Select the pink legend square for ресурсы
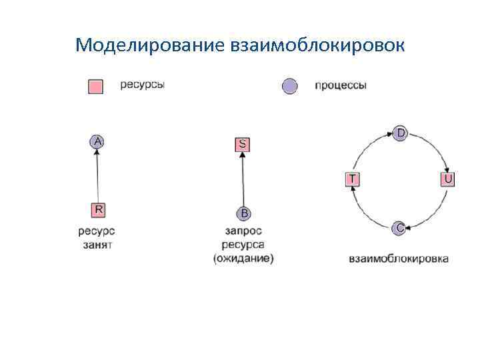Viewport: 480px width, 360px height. pos(96,87)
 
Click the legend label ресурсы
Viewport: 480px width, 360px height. pos(143,85)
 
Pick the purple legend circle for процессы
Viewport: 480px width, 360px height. pos(289,87)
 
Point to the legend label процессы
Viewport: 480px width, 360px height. pos(340,86)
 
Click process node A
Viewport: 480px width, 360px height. pos(98,141)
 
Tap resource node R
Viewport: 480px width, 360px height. pos(98,210)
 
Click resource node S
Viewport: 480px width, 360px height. pos(243,144)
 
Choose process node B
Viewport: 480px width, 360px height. pos(243,213)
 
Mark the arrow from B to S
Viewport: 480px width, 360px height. pos(243,179)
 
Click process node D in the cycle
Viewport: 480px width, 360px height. pos(400,133)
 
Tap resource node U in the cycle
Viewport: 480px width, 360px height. pos(448,179)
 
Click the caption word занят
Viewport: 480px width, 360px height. pos(97,245)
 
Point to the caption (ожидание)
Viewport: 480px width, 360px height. pos(243,259)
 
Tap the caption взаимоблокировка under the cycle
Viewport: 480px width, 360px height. pos(399,258)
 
